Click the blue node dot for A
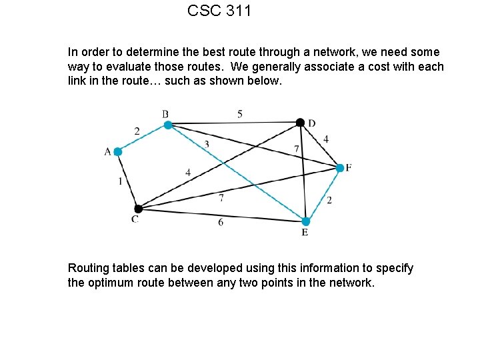(118, 152)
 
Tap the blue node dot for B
(168, 125)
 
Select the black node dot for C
(138, 209)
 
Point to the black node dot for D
(300, 122)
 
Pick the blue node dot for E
(305, 221)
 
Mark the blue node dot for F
(339, 168)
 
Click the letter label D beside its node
(311, 123)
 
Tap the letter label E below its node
(305, 232)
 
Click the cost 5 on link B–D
(240, 114)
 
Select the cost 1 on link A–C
(120, 181)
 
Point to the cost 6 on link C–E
(221, 222)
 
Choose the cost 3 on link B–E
(207, 144)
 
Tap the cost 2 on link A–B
(137, 131)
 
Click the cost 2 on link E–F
(329, 200)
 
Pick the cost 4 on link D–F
(325, 139)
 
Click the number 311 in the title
(237, 11)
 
